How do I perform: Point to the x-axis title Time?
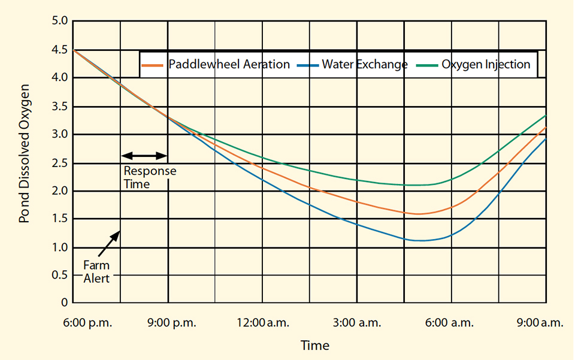pyautogui.click(x=314, y=346)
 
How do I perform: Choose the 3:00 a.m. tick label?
pyautogui.click(x=356, y=323)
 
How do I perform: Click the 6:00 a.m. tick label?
pyautogui.click(x=450, y=323)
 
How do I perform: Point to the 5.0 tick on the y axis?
pyautogui.click(x=59, y=22)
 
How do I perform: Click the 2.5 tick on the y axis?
pyautogui.click(x=59, y=163)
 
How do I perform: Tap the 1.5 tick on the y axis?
pyautogui.click(x=59, y=219)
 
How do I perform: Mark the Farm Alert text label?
pyautogui.click(x=96, y=271)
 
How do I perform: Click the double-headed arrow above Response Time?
pyautogui.click(x=144, y=156)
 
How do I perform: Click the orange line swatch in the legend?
pyautogui.click(x=153, y=64)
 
